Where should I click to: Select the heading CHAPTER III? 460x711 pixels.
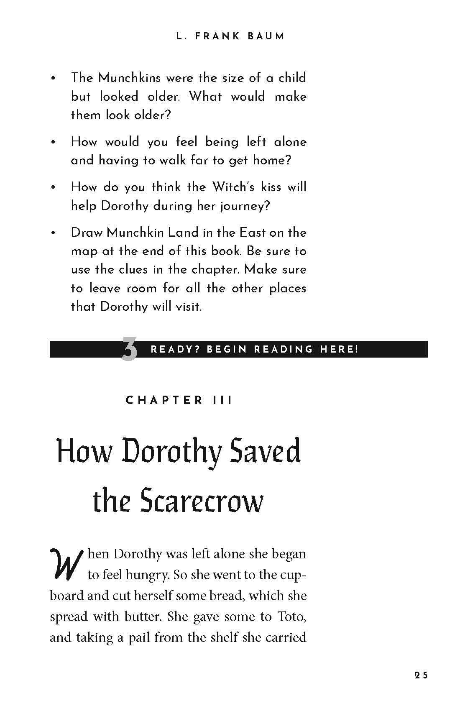pyautogui.click(x=179, y=400)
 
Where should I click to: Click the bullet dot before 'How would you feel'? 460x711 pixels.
pyautogui.click(x=53, y=143)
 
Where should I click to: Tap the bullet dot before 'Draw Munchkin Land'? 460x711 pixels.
pyautogui.click(x=53, y=233)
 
